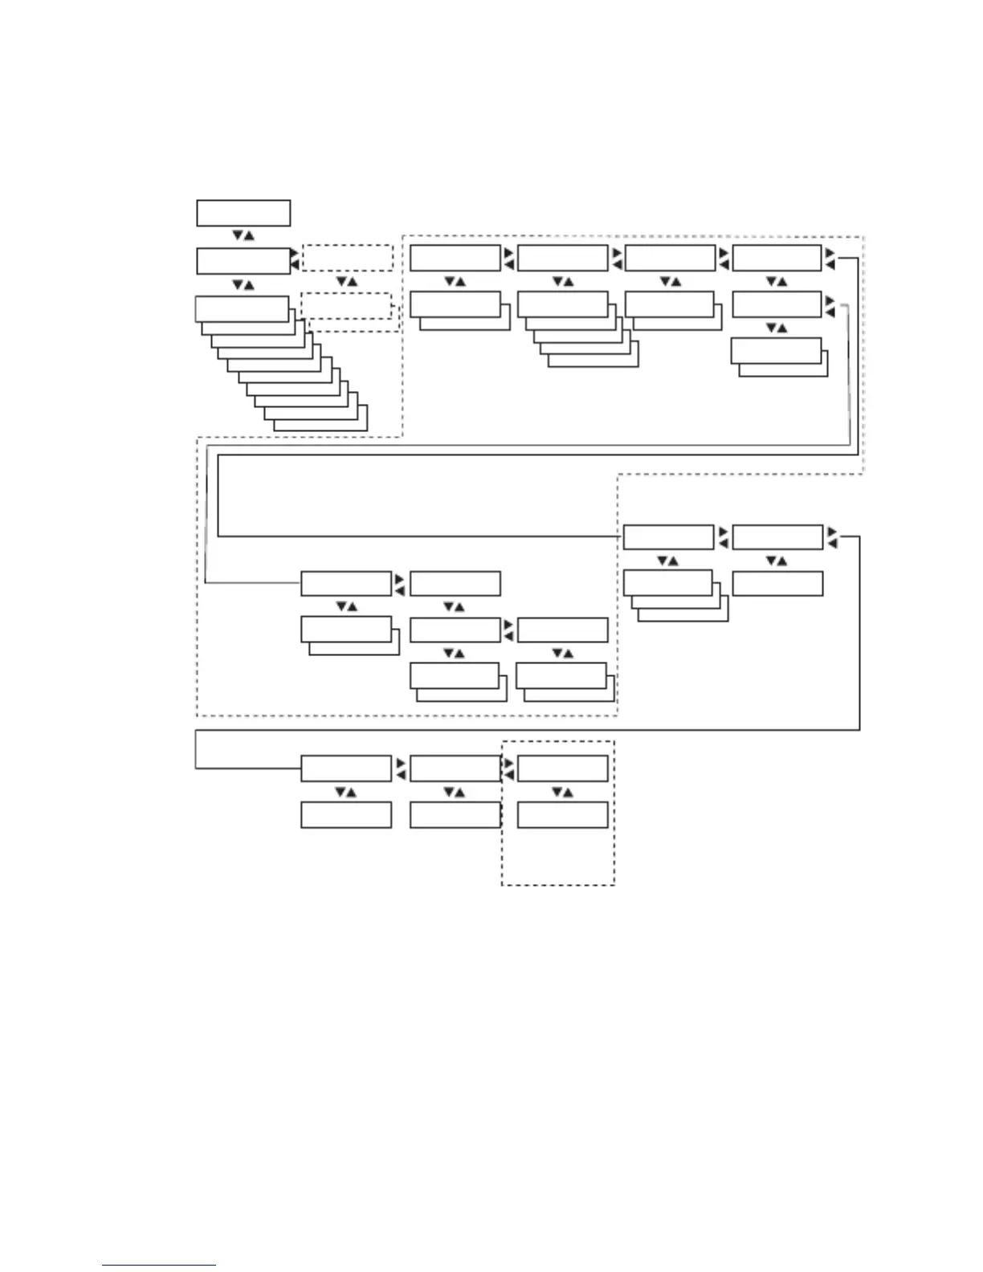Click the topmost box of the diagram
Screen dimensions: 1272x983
point(243,214)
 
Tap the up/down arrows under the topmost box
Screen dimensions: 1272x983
point(243,235)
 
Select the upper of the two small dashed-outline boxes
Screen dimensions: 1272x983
point(347,259)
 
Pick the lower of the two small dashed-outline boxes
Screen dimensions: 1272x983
point(346,305)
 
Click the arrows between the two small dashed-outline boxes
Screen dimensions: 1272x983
point(346,282)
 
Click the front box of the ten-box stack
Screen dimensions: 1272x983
point(242,309)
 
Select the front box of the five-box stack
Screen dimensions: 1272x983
point(562,304)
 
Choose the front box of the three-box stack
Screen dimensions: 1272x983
point(667,582)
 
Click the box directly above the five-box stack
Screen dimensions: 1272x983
point(562,258)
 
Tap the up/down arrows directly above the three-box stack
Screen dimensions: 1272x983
point(667,561)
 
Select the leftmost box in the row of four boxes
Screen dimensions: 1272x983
point(455,258)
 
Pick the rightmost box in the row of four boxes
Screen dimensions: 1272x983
point(777,258)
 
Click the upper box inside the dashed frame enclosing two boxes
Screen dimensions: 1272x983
point(562,768)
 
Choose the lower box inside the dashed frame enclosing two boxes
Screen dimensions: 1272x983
point(562,815)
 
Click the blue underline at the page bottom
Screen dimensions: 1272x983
point(159,1266)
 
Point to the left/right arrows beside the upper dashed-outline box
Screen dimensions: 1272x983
point(296,259)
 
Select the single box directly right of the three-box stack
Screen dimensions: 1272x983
point(777,584)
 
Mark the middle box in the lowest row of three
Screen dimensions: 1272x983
point(455,815)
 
